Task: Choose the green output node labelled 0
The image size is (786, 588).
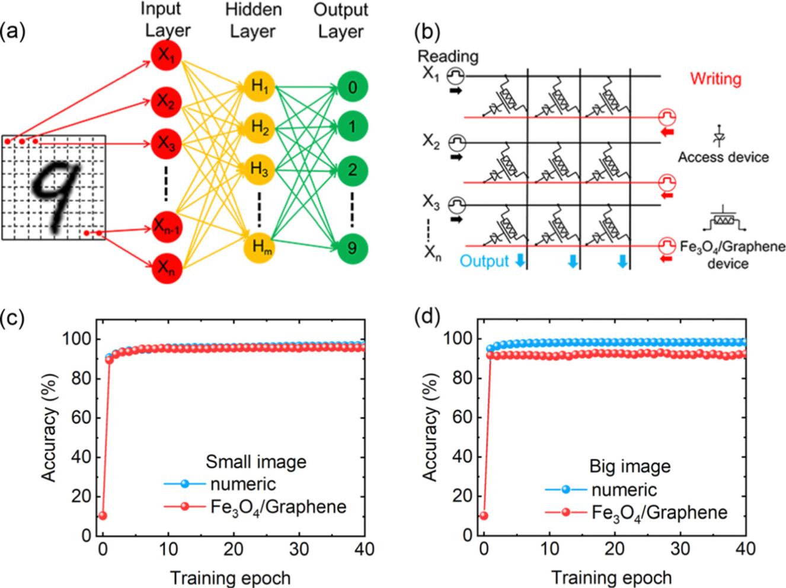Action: (352, 88)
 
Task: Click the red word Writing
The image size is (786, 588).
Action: (715, 78)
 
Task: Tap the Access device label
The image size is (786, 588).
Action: (723, 157)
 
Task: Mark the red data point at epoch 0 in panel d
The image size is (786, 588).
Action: (484, 515)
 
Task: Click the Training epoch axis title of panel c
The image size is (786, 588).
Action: (231, 577)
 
